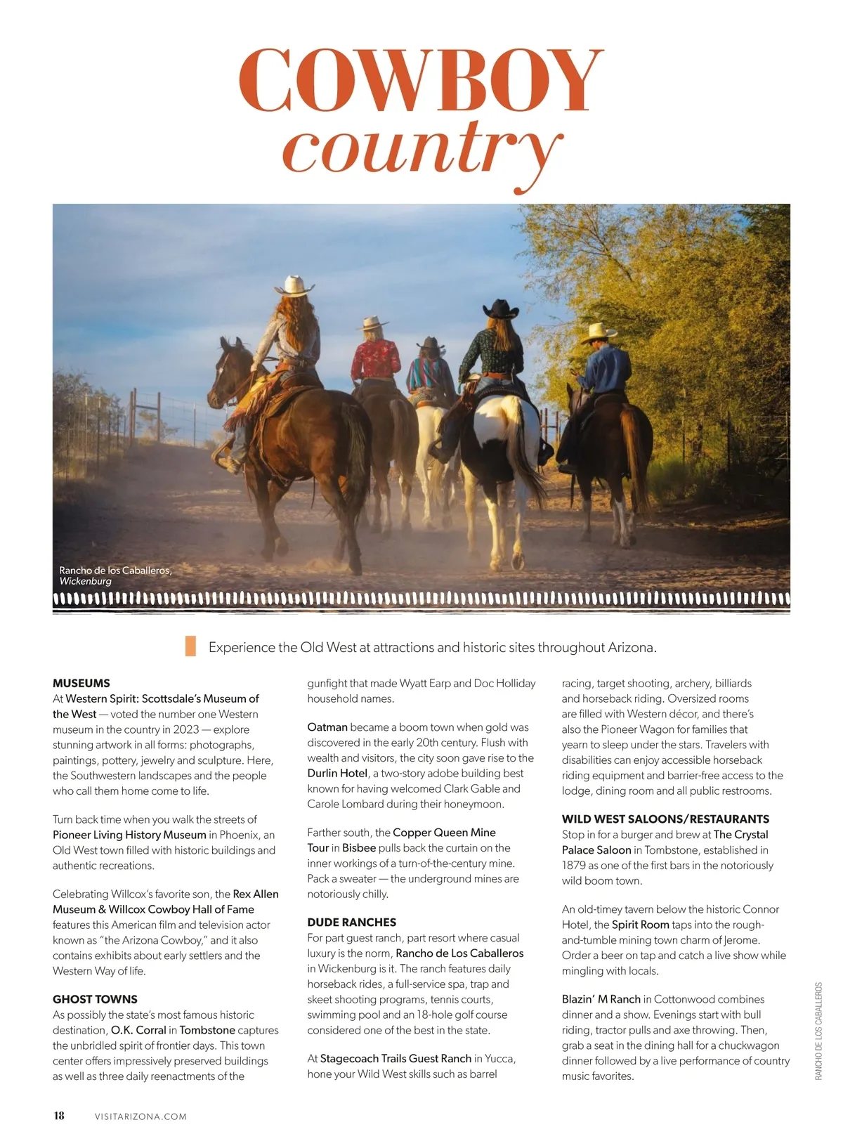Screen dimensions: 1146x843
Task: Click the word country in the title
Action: (421, 149)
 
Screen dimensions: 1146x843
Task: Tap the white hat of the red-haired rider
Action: (295, 285)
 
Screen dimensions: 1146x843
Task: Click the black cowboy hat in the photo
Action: (500, 308)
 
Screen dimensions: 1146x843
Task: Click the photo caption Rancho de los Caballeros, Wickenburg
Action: (115, 575)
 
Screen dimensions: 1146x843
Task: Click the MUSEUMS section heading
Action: (81, 683)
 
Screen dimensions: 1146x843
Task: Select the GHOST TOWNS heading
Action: (95, 999)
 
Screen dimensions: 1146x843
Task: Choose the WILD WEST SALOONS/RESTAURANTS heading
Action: (665, 819)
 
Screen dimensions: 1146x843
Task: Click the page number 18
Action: (59, 1115)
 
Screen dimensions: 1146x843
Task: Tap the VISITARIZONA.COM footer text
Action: (140, 1116)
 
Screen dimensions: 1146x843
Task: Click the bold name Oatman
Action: (327, 727)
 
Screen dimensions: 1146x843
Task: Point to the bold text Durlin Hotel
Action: (337, 773)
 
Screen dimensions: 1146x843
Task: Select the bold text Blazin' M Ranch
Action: (601, 999)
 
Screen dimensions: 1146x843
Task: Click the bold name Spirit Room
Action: (640, 925)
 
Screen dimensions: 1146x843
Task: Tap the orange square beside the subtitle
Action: (190, 646)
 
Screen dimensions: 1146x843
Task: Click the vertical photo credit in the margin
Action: (818, 1031)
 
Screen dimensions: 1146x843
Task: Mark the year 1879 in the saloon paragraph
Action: (574, 866)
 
